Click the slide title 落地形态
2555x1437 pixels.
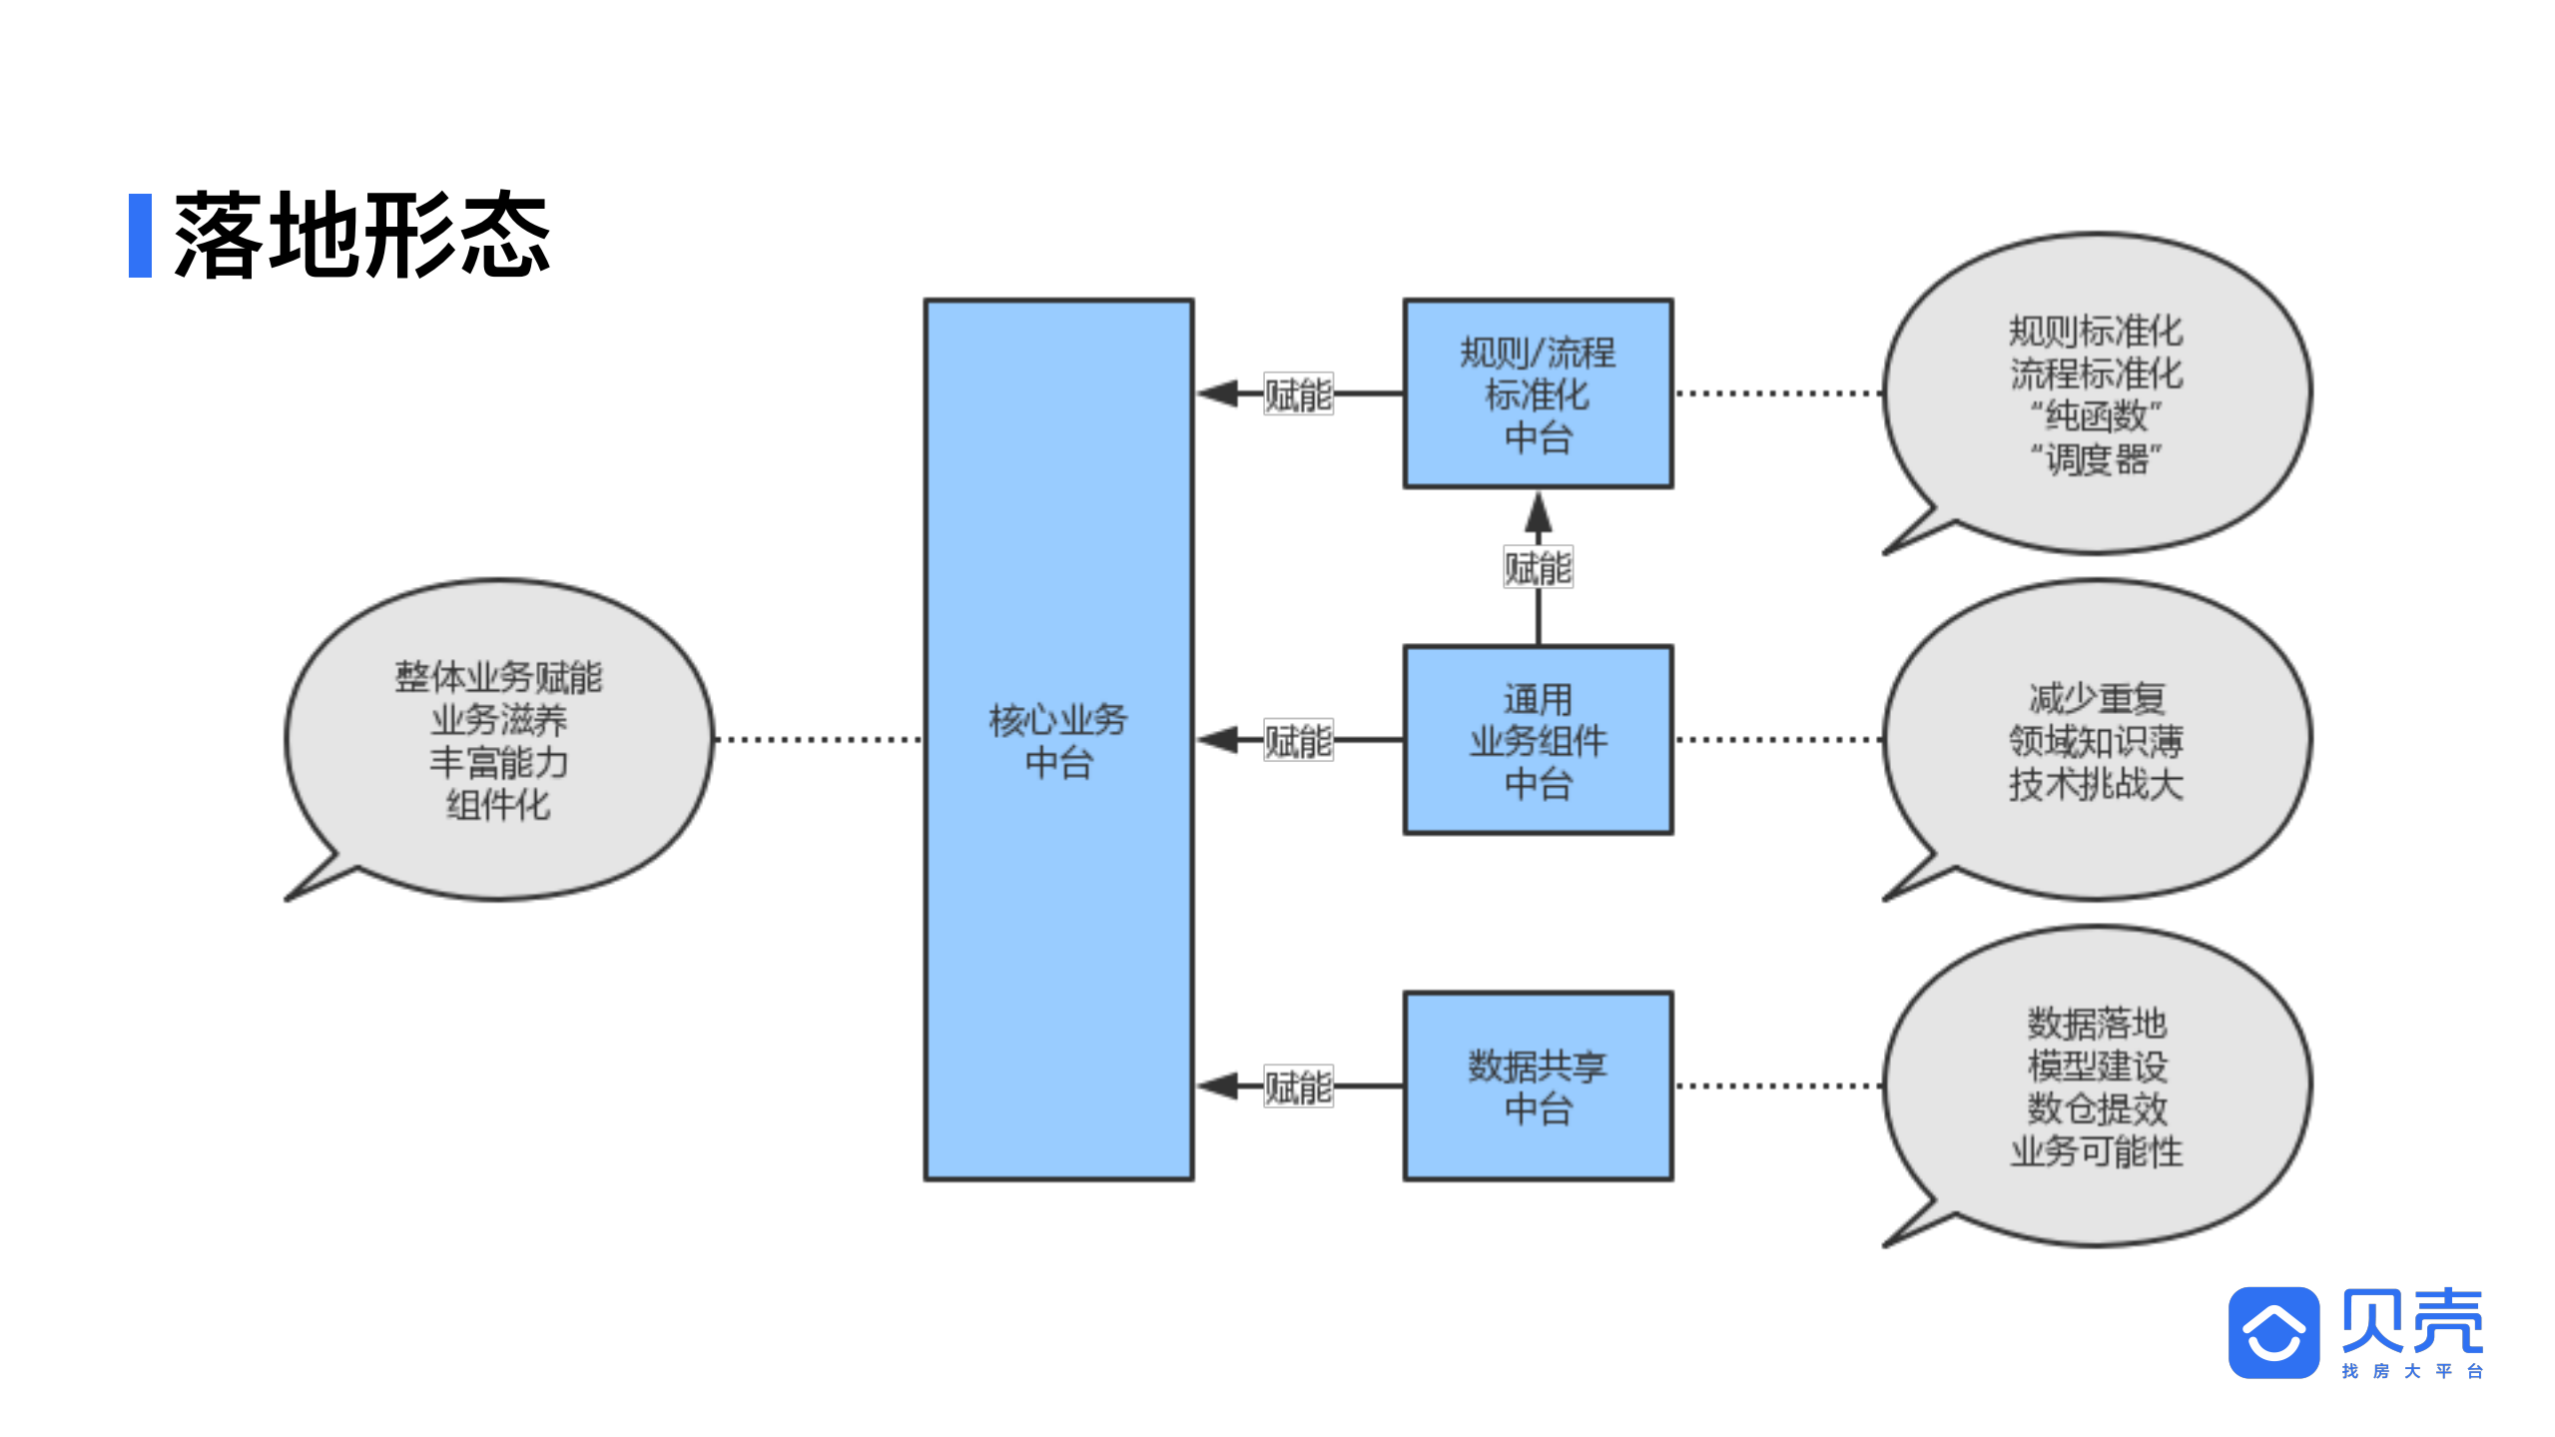[x=361, y=236]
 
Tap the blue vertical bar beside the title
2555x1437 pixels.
[x=140, y=236]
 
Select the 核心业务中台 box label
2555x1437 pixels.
[x=1057, y=740]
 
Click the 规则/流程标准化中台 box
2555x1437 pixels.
[x=1537, y=393]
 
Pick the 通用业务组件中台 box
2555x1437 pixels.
[x=1537, y=740]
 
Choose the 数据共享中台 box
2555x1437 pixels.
[x=1537, y=1086]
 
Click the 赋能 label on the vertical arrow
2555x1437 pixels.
[x=1538, y=567]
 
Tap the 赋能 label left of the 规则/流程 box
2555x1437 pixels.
[x=1297, y=394]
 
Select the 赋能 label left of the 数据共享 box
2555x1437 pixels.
[x=1297, y=1087]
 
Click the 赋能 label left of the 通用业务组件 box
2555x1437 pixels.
[x=1297, y=741]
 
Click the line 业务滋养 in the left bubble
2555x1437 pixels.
[x=498, y=719]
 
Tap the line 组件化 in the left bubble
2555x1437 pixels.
[x=498, y=805]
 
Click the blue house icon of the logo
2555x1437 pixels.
[x=2272, y=1332]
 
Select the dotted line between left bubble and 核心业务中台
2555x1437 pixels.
[x=819, y=740]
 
